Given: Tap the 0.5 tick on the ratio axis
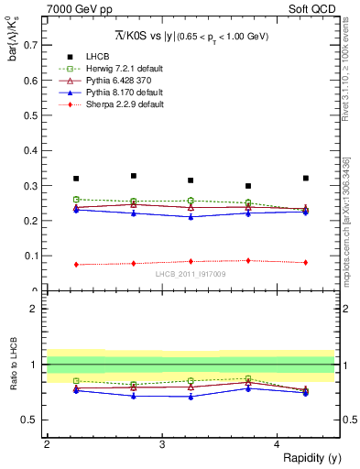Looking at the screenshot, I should click(x=33, y=420).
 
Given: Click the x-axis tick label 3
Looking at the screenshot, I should click(x=161, y=444).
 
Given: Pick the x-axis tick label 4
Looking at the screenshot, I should click(x=278, y=444).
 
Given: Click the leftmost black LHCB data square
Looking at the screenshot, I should click(x=76, y=179).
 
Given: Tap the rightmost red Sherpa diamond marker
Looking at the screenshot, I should click(x=305, y=262).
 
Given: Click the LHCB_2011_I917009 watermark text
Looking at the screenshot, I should click(x=190, y=274).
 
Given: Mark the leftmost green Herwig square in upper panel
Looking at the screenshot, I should click(x=76, y=200).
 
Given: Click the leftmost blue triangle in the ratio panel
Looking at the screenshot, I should click(x=76, y=390).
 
